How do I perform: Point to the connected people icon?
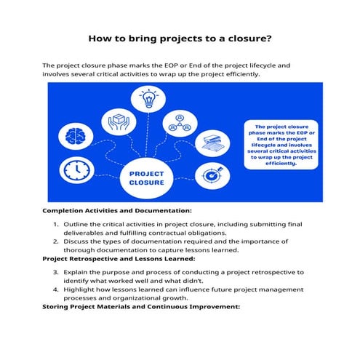[178, 124]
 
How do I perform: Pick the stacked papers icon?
[212, 141]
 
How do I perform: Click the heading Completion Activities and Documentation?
[116, 210]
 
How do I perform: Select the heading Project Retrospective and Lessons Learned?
[119, 259]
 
